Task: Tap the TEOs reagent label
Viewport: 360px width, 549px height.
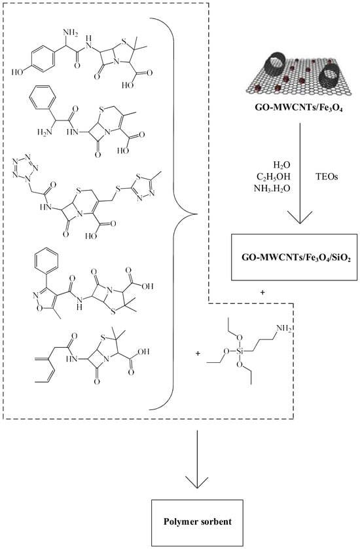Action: pyautogui.click(x=327, y=177)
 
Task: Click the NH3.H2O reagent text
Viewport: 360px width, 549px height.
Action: pyautogui.click(x=272, y=189)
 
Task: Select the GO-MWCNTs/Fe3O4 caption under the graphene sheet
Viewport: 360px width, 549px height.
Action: pyautogui.click(x=298, y=109)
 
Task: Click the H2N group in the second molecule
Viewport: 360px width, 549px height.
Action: pyautogui.click(x=45, y=132)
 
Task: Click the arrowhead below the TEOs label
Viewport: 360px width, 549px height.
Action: pyautogui.click(x=300, y=216)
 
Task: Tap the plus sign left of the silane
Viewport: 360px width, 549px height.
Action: pyautogui.click(x=198, y=354)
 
